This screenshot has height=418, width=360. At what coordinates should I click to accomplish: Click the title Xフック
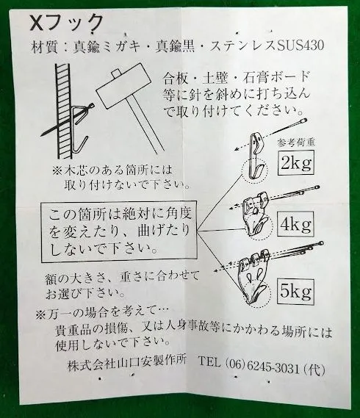click(x=66, y=22)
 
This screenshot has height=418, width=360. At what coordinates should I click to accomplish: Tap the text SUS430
click(x=300, y=46)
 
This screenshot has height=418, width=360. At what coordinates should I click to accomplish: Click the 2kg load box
click(x=296, y=163)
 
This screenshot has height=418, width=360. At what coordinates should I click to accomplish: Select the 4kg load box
click(x=295, y=223)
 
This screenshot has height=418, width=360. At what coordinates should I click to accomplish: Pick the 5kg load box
click(x=295, y=291)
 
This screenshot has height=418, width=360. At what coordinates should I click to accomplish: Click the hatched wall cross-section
click(x=63, y=111)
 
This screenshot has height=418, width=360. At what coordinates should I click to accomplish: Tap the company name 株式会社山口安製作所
click(x=127, y=364)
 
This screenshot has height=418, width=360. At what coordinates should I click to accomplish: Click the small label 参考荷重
click(x=295, y=142)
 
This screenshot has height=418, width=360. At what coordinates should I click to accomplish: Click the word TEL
click(x=209, y=363)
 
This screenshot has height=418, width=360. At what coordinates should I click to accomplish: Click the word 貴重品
click(x=75, y=331)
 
